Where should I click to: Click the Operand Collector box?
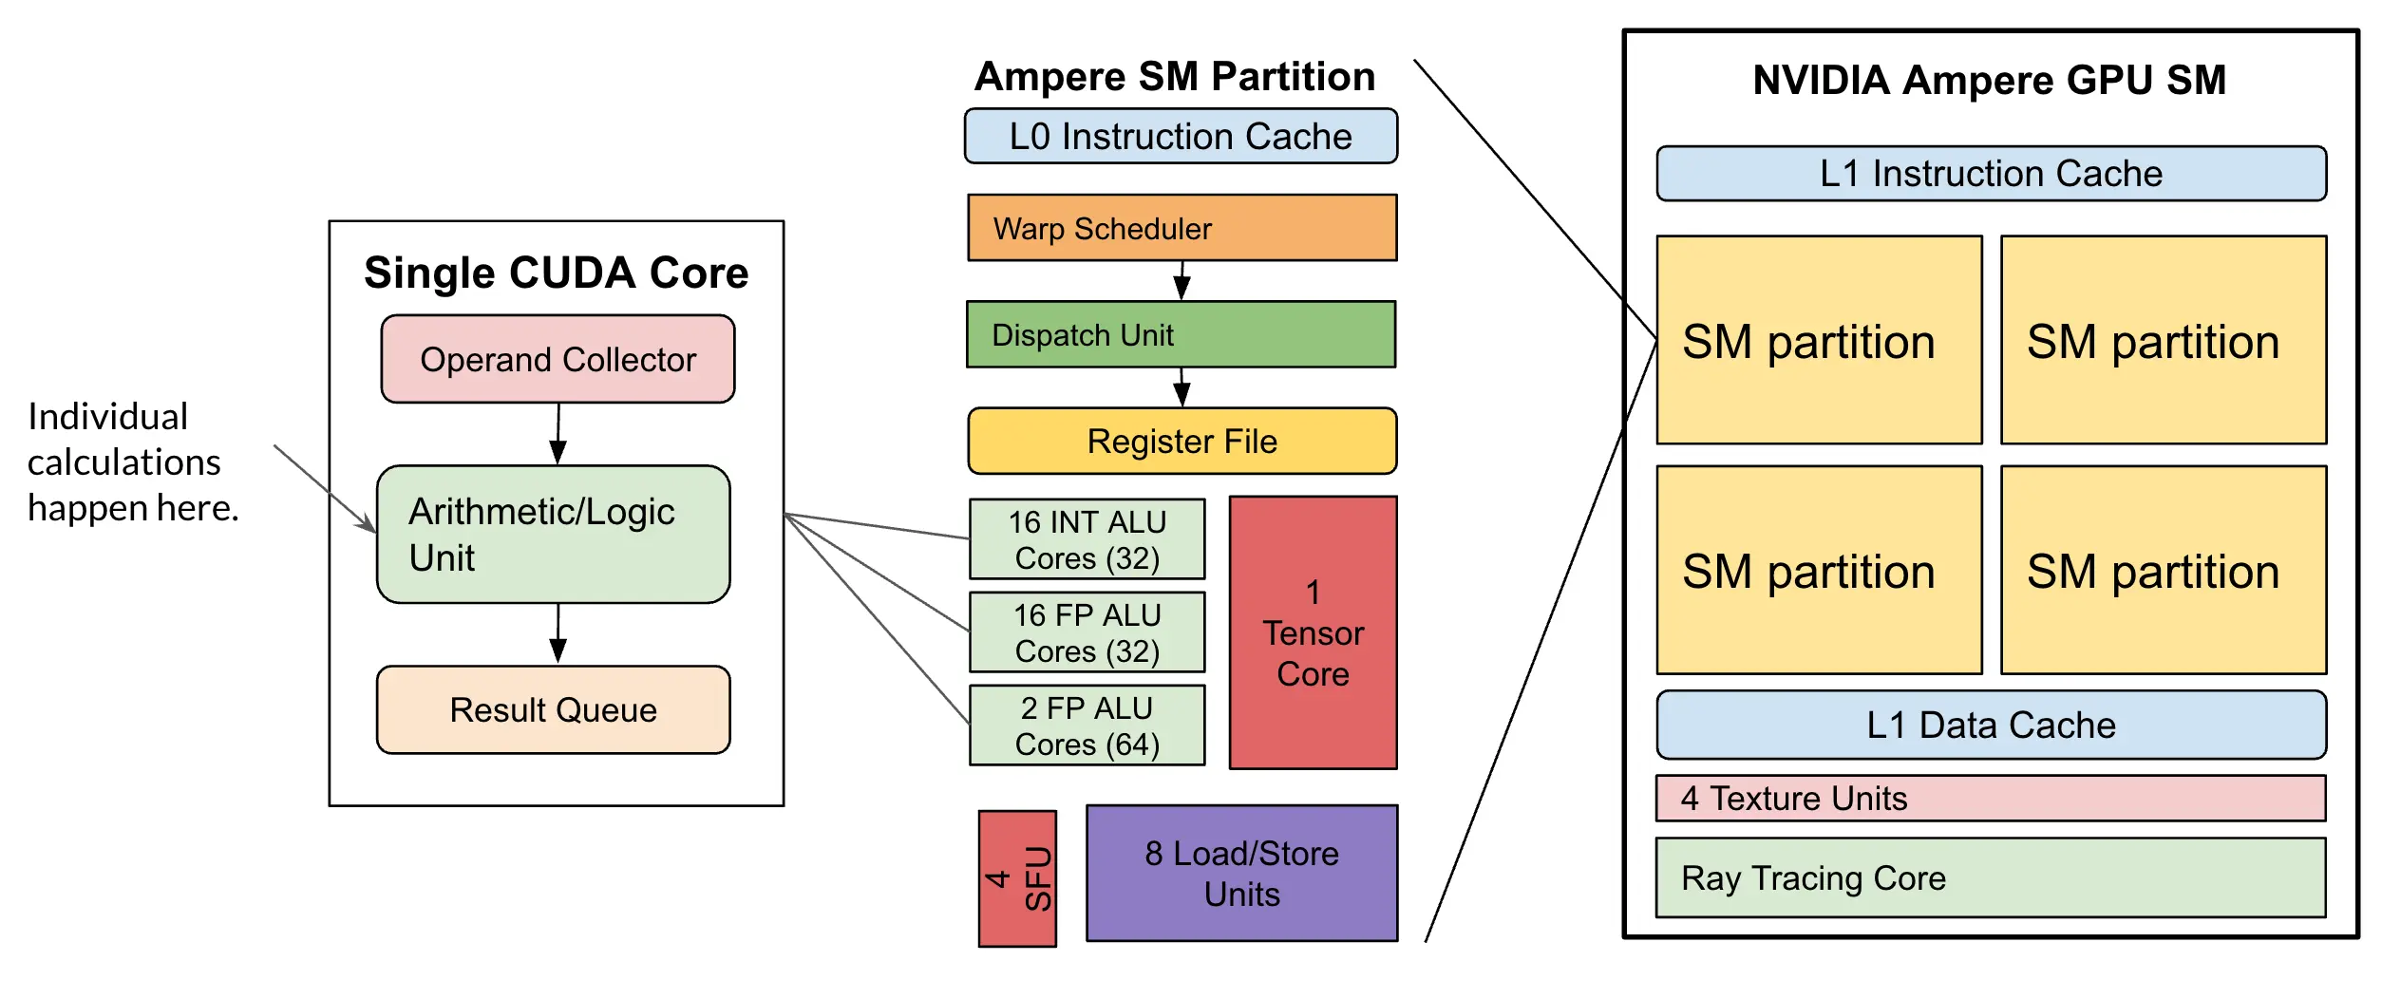point(558,359)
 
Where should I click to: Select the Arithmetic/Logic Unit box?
point(554,534)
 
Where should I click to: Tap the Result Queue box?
point(554,709)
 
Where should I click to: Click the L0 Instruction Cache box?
point(1181,136)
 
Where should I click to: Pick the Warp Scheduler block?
point(1182,228)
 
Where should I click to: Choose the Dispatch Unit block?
point(1181,334)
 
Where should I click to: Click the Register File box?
point(1182,441)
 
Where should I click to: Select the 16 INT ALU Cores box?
point(1087,539)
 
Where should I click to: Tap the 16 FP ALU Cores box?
point(1087,632)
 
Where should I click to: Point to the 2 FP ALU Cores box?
point(1087,726)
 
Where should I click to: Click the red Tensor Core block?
point(1314,632)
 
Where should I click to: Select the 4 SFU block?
point(1017,878)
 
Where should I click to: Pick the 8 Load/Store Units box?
point(1242,874)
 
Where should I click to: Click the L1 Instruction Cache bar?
point(1992,173)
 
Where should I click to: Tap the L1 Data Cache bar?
point(1992,725)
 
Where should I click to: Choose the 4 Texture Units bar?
point(1991,799)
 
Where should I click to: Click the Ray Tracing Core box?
point(1991,877)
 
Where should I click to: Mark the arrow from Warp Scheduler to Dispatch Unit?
point(1182,280)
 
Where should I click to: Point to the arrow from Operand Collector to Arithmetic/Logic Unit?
point(558,434)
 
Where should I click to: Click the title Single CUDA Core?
point(557,273)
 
